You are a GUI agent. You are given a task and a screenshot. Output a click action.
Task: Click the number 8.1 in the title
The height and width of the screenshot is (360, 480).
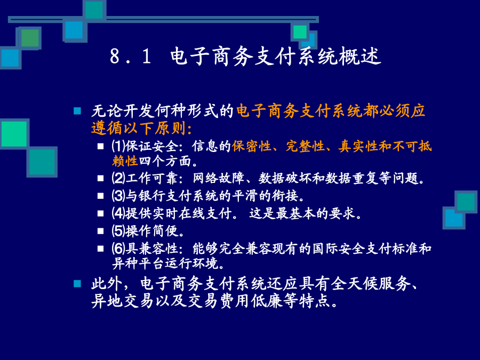click(x=131, y=57)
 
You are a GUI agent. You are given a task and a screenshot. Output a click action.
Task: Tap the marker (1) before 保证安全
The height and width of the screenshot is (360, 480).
click(x=118, y=146)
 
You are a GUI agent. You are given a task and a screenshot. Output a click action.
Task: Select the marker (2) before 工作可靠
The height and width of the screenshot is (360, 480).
click(x=118, y=178)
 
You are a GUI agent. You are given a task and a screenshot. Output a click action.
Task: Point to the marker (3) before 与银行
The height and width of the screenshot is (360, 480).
click(x=118, y=196)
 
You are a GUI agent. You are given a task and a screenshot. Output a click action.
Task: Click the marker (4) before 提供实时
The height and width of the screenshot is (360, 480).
click(x=118, y=213)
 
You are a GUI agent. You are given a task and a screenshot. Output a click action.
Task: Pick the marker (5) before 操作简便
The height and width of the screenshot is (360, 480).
click(x=118, y=231)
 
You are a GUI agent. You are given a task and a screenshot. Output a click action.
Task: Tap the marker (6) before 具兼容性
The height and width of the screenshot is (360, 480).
click(x=118, y=249)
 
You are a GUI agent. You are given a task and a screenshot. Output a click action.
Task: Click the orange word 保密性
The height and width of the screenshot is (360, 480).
click(x=252, y=146)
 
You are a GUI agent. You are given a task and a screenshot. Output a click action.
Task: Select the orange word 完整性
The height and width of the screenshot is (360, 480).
click(x=305, y=146)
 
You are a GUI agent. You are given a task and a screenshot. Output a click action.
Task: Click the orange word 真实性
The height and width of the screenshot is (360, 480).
click(x=358, y=146)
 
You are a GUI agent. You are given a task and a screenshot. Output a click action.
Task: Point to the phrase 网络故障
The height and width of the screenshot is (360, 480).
click(x=219, y=178)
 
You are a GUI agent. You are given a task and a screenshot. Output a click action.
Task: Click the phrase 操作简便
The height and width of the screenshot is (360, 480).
click(x=152, y=231)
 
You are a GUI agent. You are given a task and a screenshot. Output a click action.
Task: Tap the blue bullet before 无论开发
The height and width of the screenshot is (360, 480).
click(x=77, y=111)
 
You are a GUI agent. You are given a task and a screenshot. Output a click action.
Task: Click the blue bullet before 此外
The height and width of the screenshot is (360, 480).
click(x=77, y=284)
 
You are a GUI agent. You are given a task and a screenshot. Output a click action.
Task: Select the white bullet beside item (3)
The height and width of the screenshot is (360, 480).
click(x=101, y=196)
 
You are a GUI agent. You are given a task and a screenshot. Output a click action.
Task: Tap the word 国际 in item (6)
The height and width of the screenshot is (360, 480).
click(x=325, y=249)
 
